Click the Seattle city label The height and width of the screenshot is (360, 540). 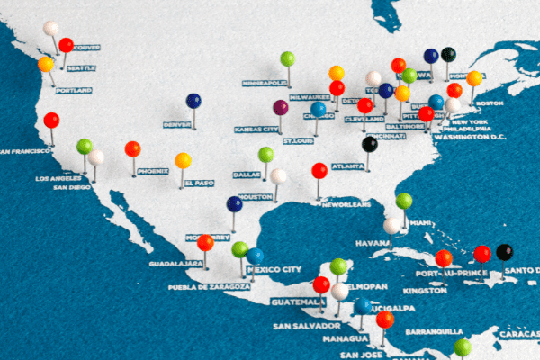[x=81, y=68]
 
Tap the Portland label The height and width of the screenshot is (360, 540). [x=74, y=90]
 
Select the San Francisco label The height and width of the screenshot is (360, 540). [x=26, y=151]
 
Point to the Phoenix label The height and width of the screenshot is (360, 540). [x=153, y=171]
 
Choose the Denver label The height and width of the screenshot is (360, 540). [x=177, y=124]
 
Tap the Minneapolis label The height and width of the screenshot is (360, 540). [x=265, y=82]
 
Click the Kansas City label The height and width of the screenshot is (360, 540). [x=256, y=129]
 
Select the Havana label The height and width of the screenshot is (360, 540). [x=373, y=243]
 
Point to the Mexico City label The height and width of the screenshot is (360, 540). [x=274, y=269]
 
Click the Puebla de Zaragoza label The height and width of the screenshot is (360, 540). [x=209, y=287]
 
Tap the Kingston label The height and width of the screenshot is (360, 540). [x=425, y=290]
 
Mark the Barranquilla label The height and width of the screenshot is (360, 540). [x=434, y=331]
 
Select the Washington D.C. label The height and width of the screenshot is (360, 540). [x=470, y=138]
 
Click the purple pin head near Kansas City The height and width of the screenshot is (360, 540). [x=281, y=107]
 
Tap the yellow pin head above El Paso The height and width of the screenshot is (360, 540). [x=183, y=160]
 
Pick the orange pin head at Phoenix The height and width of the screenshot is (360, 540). [x=133, y=148]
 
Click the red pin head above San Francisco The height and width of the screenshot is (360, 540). [x=51, y=120]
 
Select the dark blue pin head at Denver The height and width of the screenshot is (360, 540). [x=193, y=101]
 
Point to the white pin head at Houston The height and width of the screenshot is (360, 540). [x=278, y=176]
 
